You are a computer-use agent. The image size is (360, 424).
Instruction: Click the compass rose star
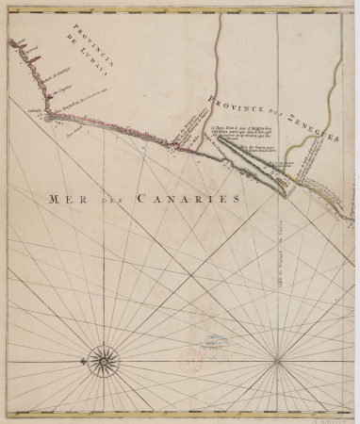click(102, 358)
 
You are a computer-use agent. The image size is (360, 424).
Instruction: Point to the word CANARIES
click(181, 199)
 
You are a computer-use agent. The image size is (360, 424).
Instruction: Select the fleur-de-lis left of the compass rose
click(81, 358)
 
